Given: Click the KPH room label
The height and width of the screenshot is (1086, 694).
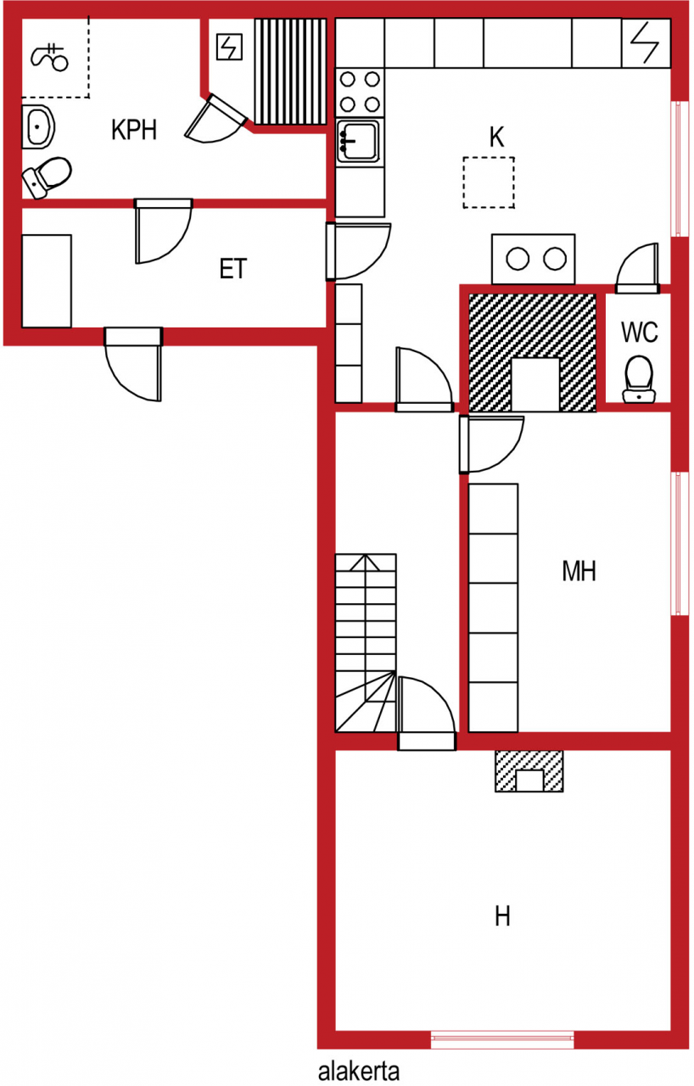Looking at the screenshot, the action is (134, 130).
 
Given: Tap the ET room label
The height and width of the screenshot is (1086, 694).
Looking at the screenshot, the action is (233, 269).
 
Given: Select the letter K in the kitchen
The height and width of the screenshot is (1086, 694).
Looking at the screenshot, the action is (497, 137).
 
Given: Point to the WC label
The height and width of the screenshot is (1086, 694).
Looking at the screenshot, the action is (639, 332).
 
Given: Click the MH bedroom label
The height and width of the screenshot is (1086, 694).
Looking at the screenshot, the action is (579, 571).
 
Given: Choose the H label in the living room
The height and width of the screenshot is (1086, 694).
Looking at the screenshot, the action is (502, 916).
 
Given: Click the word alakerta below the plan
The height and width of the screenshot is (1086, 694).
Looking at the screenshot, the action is (359, 1071).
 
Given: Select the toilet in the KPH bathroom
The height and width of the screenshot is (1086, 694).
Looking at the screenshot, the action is (47, 177).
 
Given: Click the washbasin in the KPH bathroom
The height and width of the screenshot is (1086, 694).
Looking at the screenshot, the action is (38, 127).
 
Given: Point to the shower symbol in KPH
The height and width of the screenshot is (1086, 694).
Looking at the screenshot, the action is (49, 57).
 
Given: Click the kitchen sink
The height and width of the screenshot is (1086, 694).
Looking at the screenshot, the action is (359, 141).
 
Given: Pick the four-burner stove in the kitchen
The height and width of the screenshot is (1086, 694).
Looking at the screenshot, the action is (360, 92).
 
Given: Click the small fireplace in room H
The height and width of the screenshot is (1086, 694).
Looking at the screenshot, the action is (529, 771).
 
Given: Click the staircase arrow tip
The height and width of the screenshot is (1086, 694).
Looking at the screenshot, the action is (366, 556).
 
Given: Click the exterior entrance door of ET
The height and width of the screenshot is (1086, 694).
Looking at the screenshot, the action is (133, 364).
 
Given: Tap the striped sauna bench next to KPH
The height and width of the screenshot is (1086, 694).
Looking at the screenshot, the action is (290, 72).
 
